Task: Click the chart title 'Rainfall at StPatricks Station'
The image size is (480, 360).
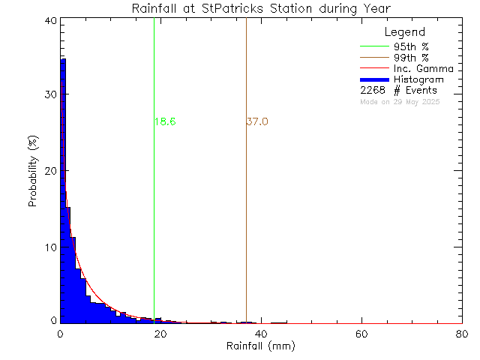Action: [x=261, y=8]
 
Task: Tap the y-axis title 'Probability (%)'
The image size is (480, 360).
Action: [x=34, y=172]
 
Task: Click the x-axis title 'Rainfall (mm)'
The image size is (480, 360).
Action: [x=261, y=346]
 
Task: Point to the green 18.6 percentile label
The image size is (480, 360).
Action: [x=165, y=121]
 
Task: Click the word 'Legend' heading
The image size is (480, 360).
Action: [x=404, y=32]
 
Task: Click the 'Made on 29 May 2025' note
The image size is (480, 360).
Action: [x=399, y=101]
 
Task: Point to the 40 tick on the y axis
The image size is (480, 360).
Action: [x=50, y=21]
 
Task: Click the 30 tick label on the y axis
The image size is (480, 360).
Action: [x=50, y=95]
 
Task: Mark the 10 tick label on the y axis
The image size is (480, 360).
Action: [x=50, y=247]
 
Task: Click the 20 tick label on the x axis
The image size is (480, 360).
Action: [x=160, y=334]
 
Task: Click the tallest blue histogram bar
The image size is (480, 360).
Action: [x=63, y=187]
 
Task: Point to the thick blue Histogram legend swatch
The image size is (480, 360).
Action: [x=377, y=79]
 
